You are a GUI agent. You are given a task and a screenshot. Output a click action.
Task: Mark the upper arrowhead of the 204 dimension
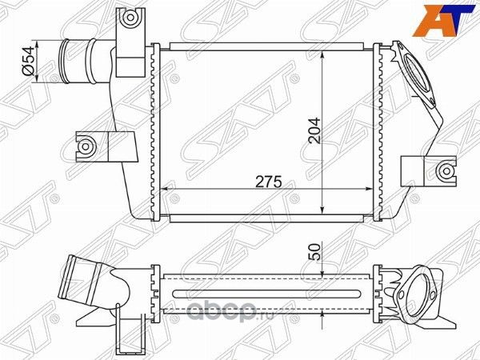point(322,54)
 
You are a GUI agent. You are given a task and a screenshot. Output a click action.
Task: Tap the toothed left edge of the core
point(153,132)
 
